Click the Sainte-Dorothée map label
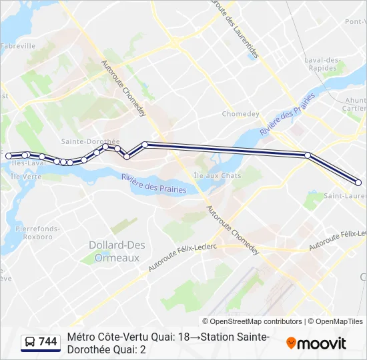[90, 141]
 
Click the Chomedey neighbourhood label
[240, 114]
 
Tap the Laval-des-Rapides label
[323, 64]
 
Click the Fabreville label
[18, 46]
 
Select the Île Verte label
[26, 177]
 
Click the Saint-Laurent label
[345, 196]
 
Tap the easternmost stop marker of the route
[358, 182]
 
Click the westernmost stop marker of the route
[9, 156]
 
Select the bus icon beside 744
[30, 343]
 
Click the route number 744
[48, 342]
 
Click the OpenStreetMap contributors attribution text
[252, 321]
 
